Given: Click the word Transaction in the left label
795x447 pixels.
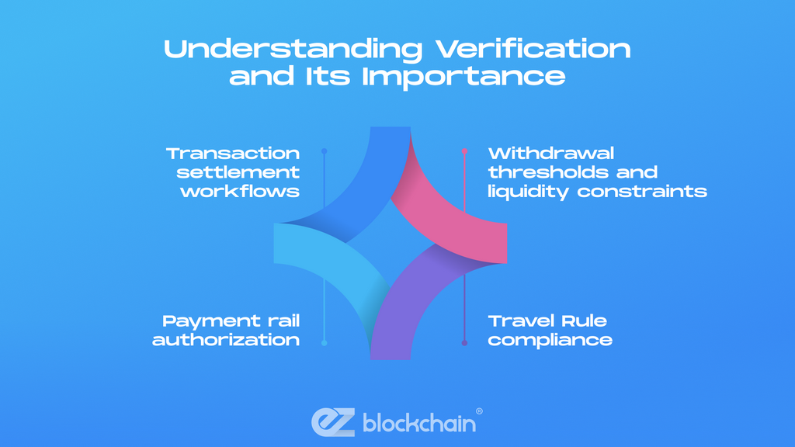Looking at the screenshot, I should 233,153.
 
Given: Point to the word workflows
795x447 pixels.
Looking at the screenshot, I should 240,191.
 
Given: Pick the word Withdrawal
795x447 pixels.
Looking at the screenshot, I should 550,153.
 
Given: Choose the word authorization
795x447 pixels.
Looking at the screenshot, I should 226,340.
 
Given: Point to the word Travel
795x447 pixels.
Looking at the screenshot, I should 517,321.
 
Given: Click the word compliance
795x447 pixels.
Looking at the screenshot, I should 550,340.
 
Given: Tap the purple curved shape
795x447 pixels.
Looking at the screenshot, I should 411,310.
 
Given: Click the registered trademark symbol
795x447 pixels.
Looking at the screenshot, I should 479,411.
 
